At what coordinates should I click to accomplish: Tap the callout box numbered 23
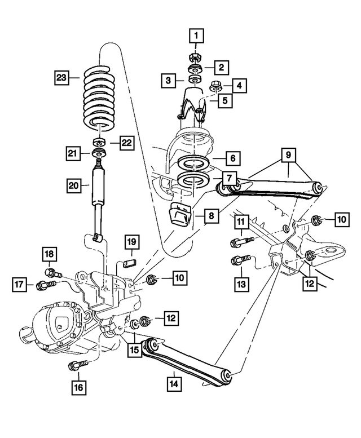click(63, 76)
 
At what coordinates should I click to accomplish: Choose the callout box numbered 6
click(231, 158)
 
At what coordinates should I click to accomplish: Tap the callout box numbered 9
click(288, 153)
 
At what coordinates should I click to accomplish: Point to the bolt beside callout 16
click(76, 366)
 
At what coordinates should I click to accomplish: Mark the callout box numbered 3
click(169, 81)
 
